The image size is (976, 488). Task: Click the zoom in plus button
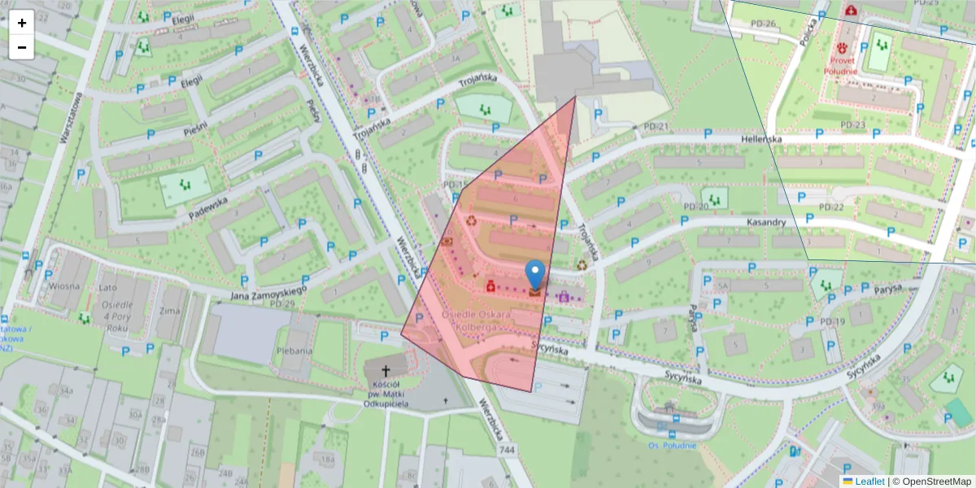(x=22, y=23)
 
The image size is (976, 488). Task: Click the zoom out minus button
(x=22, y=47)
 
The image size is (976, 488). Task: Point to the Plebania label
(x=294, y=351)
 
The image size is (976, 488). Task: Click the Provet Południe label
(x=852, y=65)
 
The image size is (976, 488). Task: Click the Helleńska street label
(x=762, y=139)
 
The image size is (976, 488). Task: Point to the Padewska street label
(x=206, y=207)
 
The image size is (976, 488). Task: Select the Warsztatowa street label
(x=69, y=118)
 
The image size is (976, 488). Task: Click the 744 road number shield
(x=508, y=450)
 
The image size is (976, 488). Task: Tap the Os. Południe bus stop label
(x=672, y=444)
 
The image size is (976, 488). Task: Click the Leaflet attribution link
(x=869, y=481)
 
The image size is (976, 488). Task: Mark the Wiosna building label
(x=63, y=286)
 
